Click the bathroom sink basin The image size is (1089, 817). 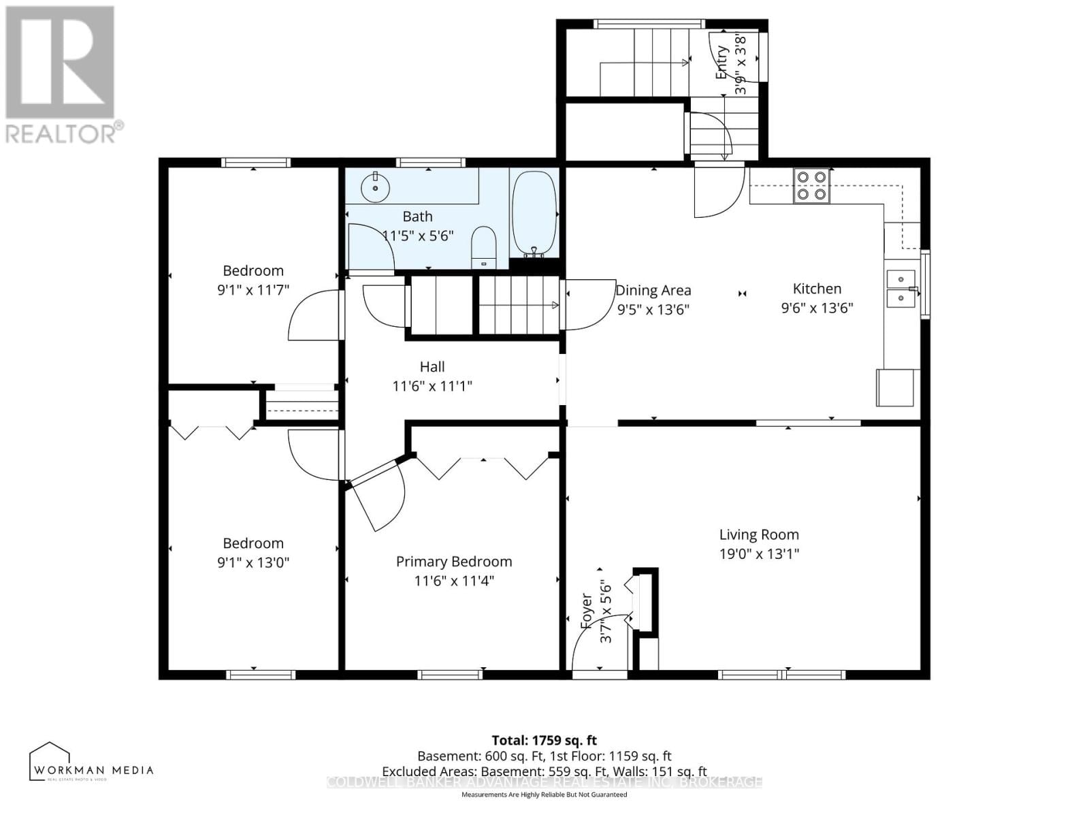coord(375,187)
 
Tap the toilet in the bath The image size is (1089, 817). coord(484,247)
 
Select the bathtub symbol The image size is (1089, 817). coord(534,212)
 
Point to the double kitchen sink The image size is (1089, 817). coord(901,289)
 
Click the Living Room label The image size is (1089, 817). coord(759,534)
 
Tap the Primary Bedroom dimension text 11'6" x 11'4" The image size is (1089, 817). coord(454,581)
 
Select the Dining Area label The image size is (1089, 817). coord(653,291)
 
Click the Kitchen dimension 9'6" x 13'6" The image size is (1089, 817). coord(817,308)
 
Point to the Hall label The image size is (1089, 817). coord(432,367)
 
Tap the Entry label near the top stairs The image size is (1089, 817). coord(722,63)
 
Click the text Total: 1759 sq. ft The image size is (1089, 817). coord(544,740)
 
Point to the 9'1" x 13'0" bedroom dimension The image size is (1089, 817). coord(253,562)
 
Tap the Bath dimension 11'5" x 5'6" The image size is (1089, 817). coord(418,236)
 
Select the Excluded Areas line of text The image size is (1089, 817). coord(544,771)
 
